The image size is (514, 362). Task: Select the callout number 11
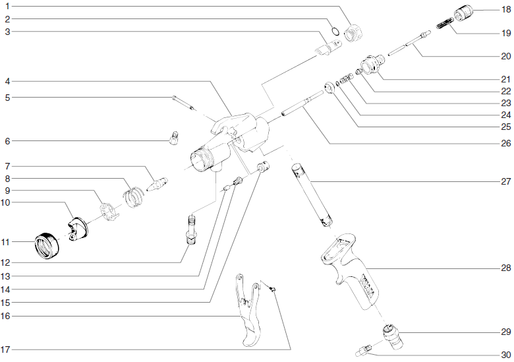[x=6, y=242]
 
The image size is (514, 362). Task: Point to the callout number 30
[x=506, y=355]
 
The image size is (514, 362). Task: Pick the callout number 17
[x=6, y=349]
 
